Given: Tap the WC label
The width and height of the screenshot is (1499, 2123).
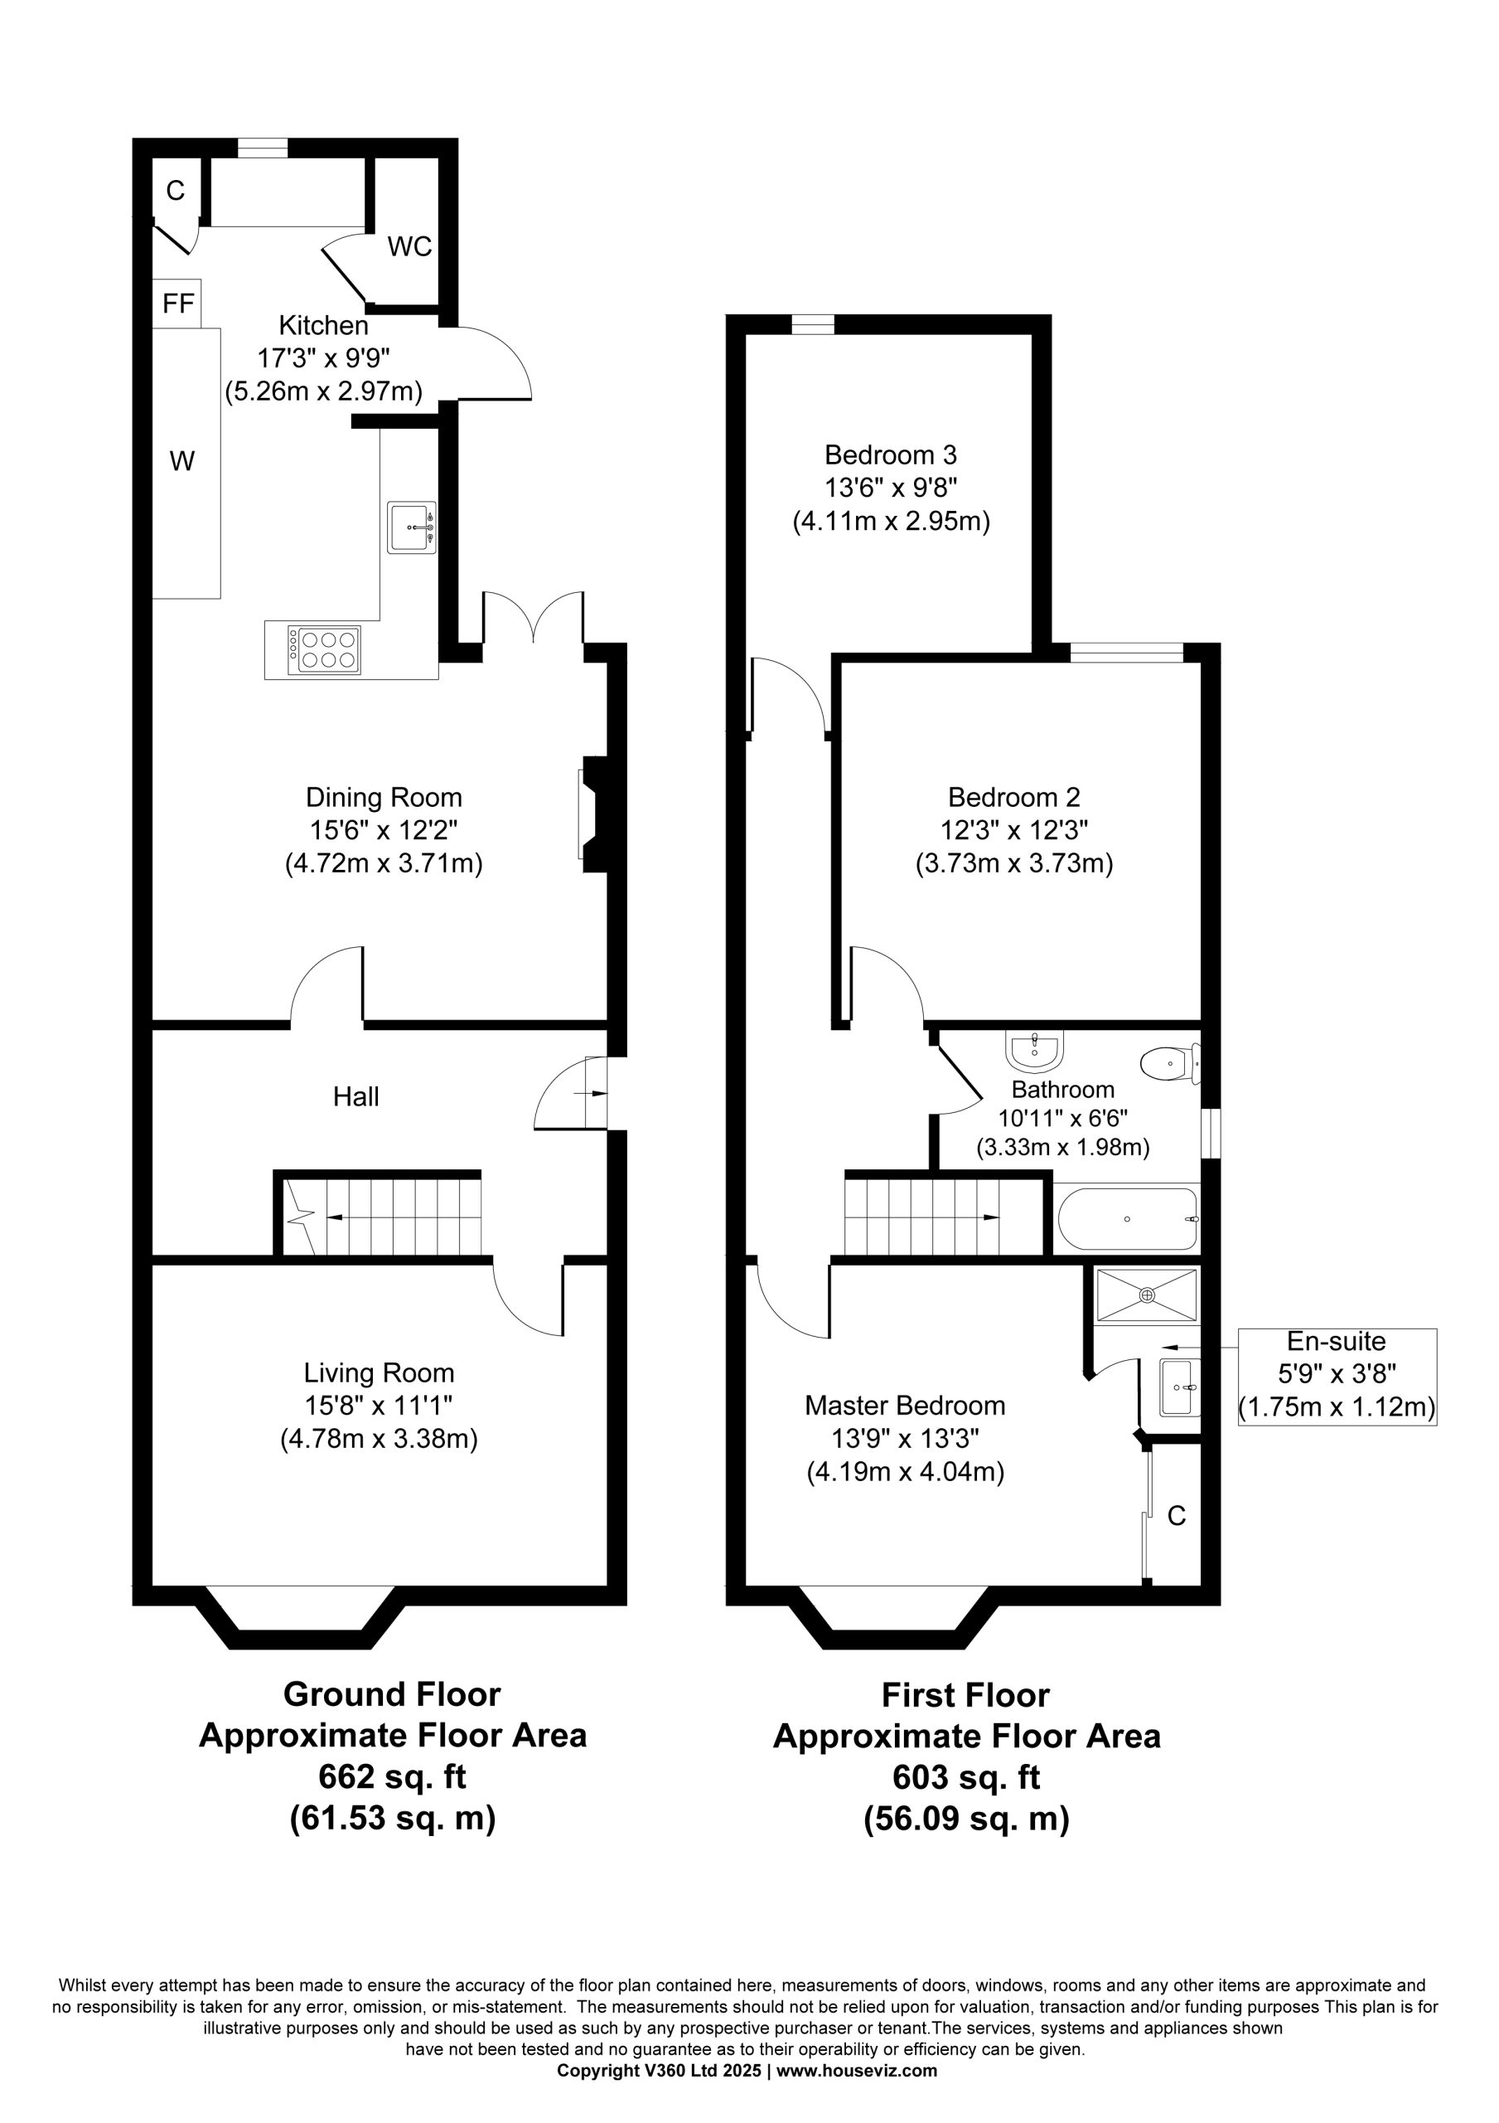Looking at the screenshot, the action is point(409,247).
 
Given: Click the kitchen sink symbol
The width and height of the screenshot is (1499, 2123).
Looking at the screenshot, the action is point(412,528).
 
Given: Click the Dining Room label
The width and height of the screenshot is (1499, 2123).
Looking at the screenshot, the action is point(384,797).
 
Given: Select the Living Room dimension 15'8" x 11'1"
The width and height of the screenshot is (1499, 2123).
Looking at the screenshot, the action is point(379,1406).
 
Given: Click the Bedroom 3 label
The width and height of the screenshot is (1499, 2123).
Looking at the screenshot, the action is point(891,455).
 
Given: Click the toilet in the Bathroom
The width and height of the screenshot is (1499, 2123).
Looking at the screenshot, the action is point(1171,1063).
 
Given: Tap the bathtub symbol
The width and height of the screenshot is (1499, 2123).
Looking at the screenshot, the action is point(1128,1220).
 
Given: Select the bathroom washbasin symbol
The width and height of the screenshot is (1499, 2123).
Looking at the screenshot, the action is point(1035,1048).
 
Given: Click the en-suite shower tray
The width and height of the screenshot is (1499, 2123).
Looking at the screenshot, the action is point(1146,1295).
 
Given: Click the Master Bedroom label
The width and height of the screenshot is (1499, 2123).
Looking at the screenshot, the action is point(905,1406).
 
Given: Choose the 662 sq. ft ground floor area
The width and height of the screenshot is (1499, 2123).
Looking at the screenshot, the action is point(393,1776).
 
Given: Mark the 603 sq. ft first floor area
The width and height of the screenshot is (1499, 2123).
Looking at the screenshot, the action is point(967,1777).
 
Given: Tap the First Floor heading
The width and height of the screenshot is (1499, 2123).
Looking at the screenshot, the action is point(965,1696).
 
